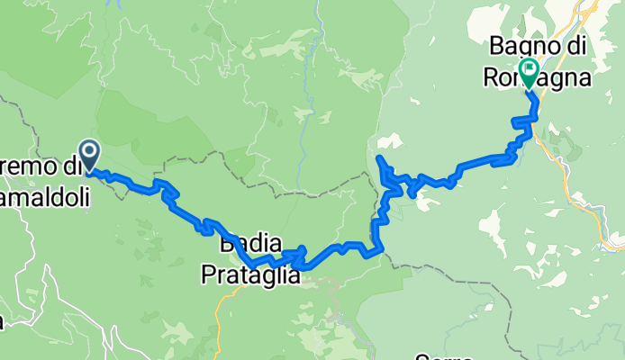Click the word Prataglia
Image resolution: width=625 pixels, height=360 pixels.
click(x=250, y=277)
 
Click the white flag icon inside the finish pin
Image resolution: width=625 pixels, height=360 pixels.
click(x=527, y=67)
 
